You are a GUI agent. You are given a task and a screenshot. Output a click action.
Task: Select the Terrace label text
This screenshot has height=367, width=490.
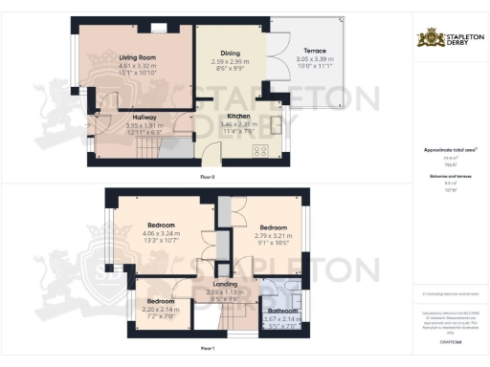tap(315, 50)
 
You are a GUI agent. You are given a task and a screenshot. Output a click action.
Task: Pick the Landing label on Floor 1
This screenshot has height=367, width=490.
tap(227, 284)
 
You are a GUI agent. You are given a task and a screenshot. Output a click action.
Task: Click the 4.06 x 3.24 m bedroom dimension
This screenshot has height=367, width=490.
tap(160, 233)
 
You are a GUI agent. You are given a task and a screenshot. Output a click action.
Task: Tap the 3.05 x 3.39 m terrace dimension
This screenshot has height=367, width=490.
tap(315, 57)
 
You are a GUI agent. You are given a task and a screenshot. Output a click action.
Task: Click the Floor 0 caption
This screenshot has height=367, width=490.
tap(207, 178)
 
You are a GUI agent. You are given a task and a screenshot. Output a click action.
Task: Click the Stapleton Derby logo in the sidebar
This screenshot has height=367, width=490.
tap(449, 38)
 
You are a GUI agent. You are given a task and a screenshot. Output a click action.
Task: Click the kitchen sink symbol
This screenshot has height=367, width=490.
tap(277, 124)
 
